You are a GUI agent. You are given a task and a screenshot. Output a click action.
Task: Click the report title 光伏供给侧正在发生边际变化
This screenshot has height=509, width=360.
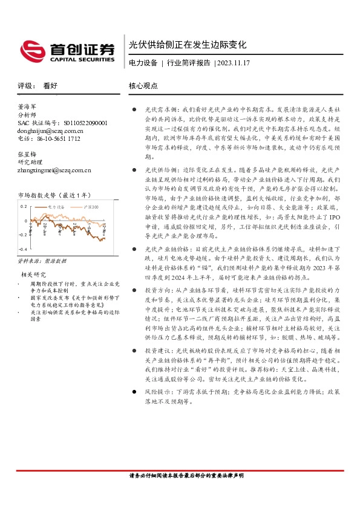(188, 45)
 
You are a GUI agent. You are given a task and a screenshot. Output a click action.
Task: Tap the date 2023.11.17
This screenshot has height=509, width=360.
(234, 63)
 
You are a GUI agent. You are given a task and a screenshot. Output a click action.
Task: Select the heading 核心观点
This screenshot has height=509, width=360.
(142, 86)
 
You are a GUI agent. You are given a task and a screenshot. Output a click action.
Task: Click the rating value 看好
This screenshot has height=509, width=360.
(50, 86)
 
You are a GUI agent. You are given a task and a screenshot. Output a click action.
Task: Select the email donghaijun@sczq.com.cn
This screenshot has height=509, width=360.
(51, 131)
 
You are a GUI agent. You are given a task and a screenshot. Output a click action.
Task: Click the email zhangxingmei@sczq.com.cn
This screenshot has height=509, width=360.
(55, 170)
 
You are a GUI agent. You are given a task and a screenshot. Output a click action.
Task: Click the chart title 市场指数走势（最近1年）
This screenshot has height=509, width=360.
(55, 195)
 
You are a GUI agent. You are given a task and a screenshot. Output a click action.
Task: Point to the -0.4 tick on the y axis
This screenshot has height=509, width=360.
(23, 249)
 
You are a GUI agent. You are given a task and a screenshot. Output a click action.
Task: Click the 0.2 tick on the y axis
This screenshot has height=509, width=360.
(24, 206)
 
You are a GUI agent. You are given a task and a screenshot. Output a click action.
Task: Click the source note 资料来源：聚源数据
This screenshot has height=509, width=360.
(42, 261)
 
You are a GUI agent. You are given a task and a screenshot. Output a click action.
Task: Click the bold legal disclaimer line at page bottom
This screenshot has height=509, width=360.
(186, 476)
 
